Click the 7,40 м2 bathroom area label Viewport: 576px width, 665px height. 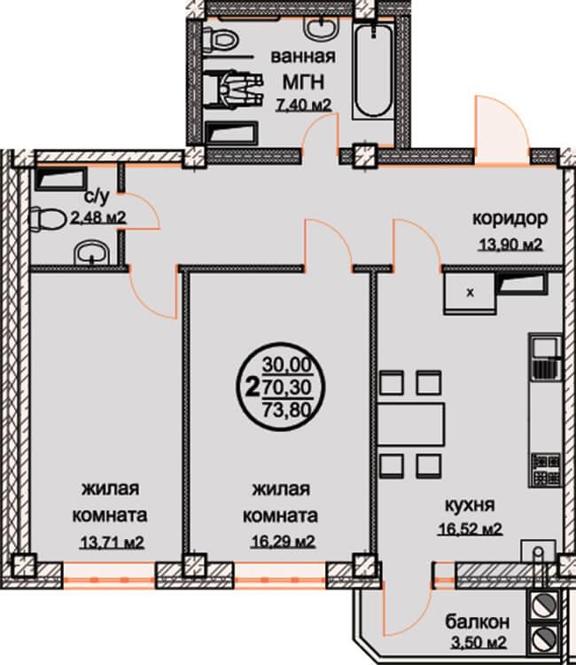[x=303, y=105]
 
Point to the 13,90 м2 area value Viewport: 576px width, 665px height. [x=510, y=245]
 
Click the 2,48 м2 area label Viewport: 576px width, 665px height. [x=97, y=218]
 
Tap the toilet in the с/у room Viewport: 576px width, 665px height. [x=43, y=219]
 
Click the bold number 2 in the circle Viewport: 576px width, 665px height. [x=253, y=387]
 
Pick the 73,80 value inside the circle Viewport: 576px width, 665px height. [x=287, y=410]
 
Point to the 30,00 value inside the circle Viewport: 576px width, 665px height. [x=287, y=364]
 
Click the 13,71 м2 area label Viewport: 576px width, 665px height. [x=113, y=542]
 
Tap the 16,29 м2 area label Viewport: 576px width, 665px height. [x=283, y=542]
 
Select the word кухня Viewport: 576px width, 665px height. [x=470, y=505]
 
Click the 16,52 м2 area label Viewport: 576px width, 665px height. [x=470, y=528]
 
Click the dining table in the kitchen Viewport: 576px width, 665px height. [x=410, y=424]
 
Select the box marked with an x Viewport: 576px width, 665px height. [x=470, y=293]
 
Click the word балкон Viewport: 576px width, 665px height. [x=478, y=622]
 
